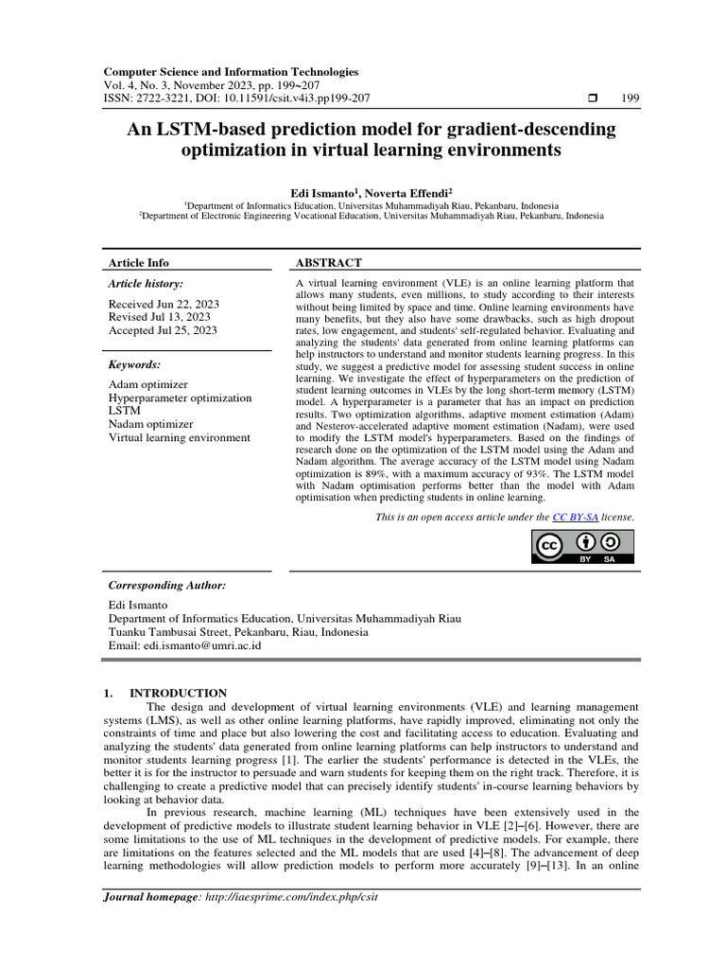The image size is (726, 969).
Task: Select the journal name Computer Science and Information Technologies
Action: [231, 72]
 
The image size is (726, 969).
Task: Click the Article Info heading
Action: [138, 262]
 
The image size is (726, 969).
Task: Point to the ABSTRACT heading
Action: [329, 262]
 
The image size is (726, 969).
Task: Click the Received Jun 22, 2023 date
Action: [164, 304]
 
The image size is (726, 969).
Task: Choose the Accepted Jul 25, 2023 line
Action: [163, 330]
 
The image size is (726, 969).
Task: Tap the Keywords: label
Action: [134, 364]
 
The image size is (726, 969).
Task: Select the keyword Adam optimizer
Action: [147, 385]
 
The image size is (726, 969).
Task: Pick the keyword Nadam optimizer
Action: [150, 425]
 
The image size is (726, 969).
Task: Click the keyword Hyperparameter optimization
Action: [180, 398]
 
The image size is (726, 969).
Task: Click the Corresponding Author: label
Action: [166, 586]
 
